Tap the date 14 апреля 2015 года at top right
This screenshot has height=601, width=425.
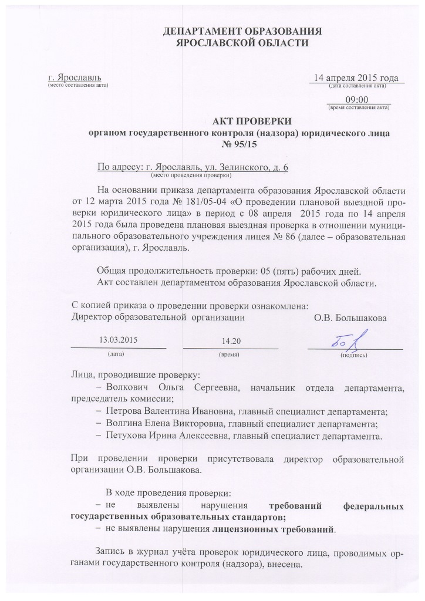click(356, 78)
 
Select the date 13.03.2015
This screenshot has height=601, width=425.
click(119, 339)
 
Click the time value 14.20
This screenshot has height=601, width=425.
click(231, 341)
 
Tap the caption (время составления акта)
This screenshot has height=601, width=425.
click(358, 109)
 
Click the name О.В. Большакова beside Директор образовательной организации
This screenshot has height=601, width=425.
click(350, 318)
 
